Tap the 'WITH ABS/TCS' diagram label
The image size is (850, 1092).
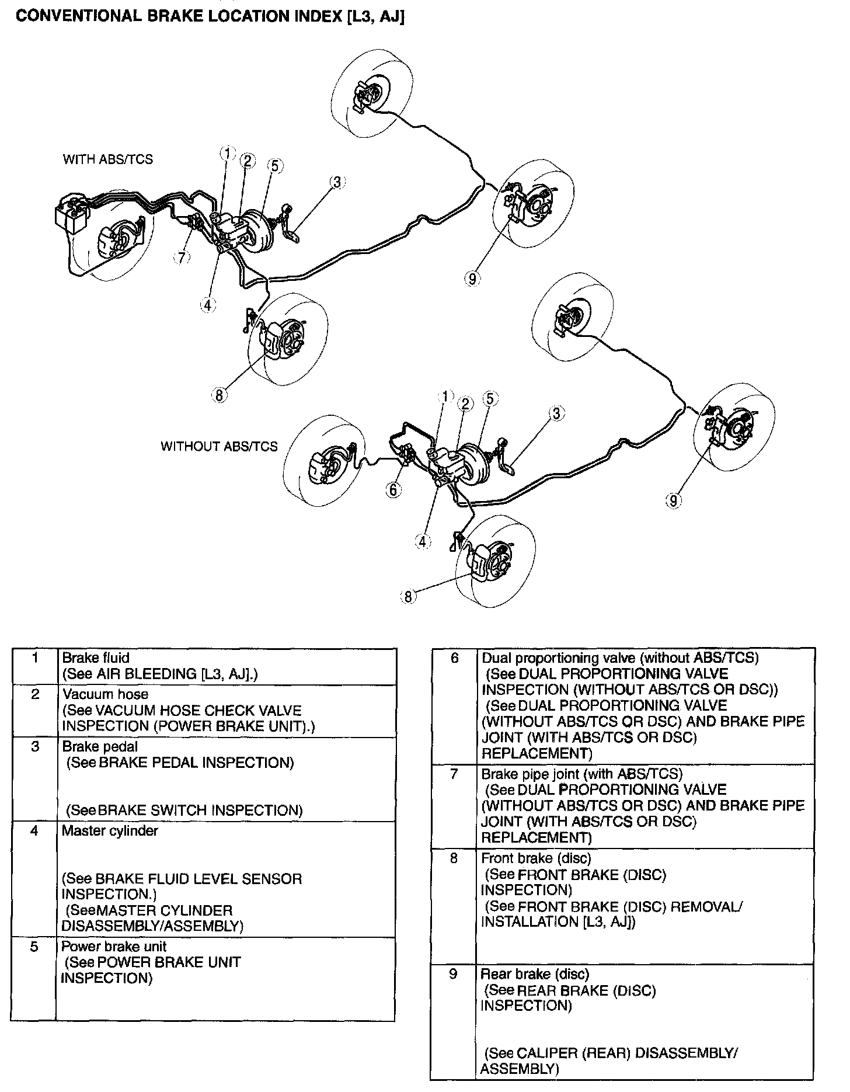tap(108, 159)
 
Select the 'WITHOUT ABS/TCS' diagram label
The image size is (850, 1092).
tap(219, 446)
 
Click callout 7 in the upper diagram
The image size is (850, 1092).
tap(183, 257)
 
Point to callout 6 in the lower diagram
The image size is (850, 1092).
tap(393, 489)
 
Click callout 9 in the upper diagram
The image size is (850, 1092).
tap(472, 279)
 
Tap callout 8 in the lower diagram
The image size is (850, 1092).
tap(407, 596)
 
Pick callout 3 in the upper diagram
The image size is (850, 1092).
tap(337, 182)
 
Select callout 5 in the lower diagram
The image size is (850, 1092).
tap(489, 398)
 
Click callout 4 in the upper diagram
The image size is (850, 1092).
tap(208, 304)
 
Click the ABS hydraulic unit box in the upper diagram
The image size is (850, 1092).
tap(70, 214)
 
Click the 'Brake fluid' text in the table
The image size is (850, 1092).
tap(96, 658)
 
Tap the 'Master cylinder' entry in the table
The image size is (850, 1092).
tap(110, 830)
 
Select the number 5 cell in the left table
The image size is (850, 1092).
tap(34, 947)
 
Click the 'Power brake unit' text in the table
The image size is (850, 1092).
tap(114, 947)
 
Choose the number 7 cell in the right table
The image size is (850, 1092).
tap(454, 774)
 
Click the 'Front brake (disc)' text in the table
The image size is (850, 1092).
tap(536, 858)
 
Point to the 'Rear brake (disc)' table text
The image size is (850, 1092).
tap(535, 974)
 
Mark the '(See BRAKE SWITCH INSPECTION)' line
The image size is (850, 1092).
tap(184, 811)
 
